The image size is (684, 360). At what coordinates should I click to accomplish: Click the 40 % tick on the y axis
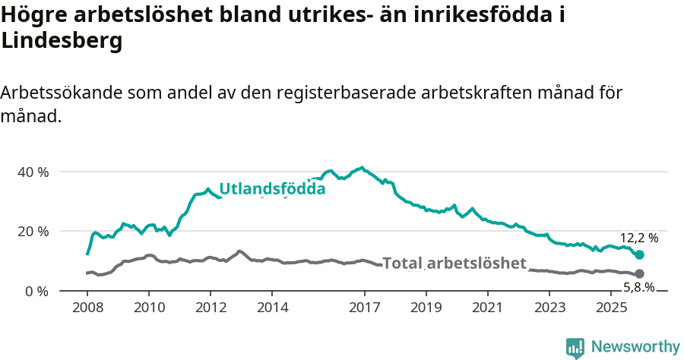point(33,172)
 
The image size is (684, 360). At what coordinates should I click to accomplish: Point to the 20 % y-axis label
point(33,231)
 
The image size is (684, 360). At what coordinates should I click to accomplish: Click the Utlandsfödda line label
point(272,189)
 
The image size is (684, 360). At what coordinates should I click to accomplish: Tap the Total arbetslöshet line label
point(454,264)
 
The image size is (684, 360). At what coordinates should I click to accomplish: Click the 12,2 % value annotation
point(638,238)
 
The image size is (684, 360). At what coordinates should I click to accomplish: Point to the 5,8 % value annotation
point(638,287)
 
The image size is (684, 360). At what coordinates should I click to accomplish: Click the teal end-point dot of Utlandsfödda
point(639,255)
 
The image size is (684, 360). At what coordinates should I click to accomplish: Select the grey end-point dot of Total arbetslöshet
point(639,273)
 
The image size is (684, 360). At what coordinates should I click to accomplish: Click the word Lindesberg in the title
point(62,43)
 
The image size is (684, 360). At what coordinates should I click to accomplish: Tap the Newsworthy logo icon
point(575,348)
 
